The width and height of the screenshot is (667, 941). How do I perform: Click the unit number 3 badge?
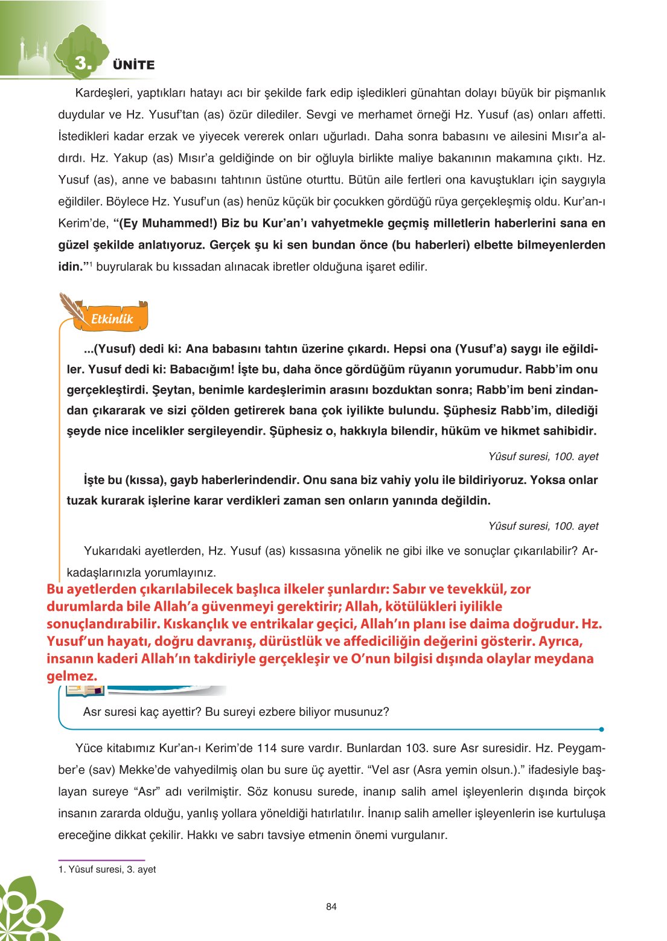click(x=81, y=63)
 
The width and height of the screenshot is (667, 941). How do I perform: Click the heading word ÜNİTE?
click(x=133, y=65)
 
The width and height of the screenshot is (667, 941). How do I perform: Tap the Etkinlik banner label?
click(x=112, y=319)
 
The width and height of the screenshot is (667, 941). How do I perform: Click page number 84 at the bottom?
click(x=331, y=907)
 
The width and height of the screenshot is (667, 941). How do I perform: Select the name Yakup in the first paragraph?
click(x=130, y=158)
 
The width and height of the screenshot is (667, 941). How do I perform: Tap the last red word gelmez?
click(x=72, y=676)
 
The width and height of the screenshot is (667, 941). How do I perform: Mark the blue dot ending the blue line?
click(x=602, y=729)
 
